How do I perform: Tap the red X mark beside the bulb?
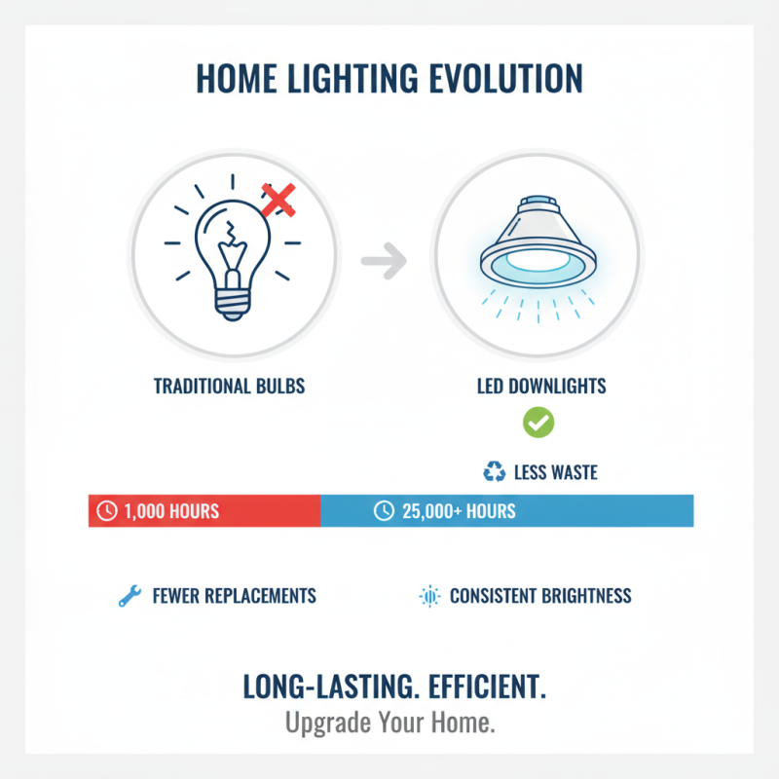(278, 201)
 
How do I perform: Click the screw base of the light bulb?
(232, 303)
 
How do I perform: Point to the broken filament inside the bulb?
(231, 238)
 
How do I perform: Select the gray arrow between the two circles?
(384, 260)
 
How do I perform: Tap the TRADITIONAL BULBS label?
(229, 387)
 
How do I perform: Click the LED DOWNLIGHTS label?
(541, 387)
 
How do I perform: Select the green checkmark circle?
(538, 423)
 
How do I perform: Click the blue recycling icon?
(495, 472)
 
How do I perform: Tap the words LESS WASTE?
(555, 473)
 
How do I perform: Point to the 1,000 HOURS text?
(171, 511)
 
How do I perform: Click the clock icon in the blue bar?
(385, 510)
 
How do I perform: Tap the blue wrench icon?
(129, 596)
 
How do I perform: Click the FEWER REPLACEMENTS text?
(234, 596)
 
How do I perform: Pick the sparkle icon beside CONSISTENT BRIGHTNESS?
(428, 596)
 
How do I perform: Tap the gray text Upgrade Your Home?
(389, 724)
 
